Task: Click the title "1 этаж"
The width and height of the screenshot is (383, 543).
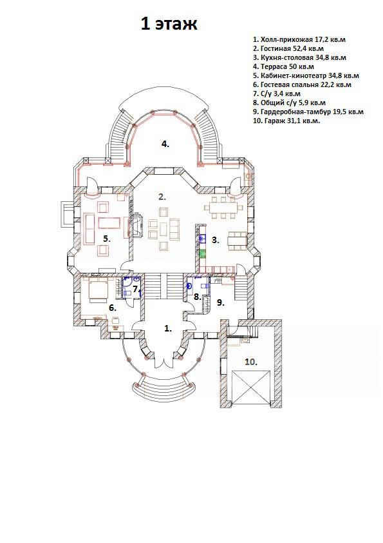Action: pyautogui.click(x=169, y=25)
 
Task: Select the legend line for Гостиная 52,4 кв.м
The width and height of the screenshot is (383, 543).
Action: pyautogui.click(x=288, y=48)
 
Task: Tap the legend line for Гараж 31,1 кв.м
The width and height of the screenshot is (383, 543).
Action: pyautogui.click(x=286, y=121)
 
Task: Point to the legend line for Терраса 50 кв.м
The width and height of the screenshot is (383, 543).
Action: pyautogui.click(x=283, y=66)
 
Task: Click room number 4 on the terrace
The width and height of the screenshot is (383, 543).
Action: pyautogui.click(x=165, y=144)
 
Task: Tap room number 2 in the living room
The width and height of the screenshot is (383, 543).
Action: pyautogui.click(x=162, y=197)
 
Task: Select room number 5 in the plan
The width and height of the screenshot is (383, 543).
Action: pyautogui.click(x=106, y=238)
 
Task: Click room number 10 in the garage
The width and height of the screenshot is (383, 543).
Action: pyautogui.click(x=251, y=362)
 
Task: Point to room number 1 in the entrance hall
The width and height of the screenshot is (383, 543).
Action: pyautogui.click(x=167, y=328)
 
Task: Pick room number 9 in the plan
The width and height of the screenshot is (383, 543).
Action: pyautogui.click(x=221, y=302)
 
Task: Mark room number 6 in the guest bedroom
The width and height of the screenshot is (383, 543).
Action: pyautogui.click(x=113, y=307)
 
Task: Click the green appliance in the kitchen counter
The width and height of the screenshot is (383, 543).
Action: pyautogui.click(x=203, y=254)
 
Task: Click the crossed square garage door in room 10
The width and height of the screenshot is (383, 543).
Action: pyautogui.click(x=251, y=386)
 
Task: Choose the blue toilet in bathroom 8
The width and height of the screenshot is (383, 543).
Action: pyautogui.click(x=190, y=286)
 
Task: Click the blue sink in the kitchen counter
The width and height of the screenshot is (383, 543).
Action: pyautogui.click(x=203, y=239)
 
